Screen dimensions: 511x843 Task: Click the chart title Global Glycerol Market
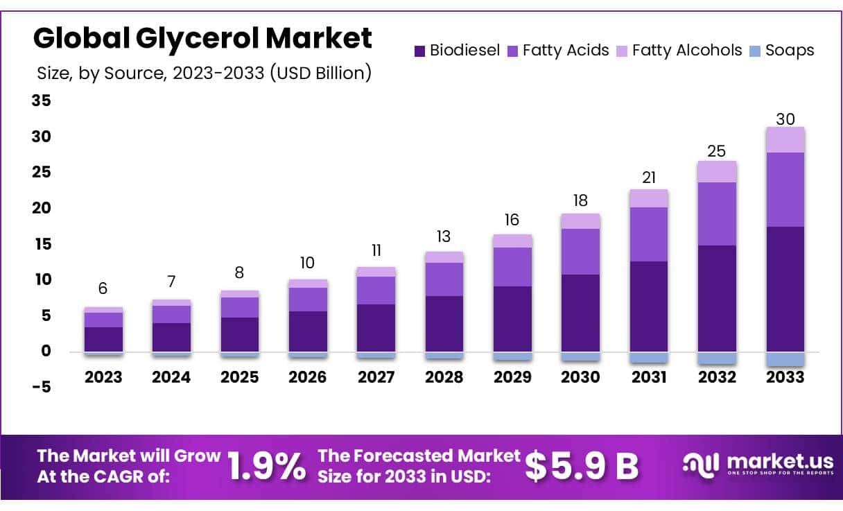click(202, 38)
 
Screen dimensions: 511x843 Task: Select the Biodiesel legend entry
click(457, 51)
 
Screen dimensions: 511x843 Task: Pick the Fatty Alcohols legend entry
click(679, 51)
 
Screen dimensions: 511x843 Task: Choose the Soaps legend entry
click(782, 51)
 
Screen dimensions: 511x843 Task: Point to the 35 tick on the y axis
click(42, 101)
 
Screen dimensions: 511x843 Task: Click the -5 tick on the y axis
click(42, 387)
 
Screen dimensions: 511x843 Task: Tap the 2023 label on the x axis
click(103, 377)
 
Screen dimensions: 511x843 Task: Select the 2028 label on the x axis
click(444, 377)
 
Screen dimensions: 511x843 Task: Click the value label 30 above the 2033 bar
click(785, 119)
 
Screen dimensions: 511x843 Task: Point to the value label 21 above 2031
click(649, 178)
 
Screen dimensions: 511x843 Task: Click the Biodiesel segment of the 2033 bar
click(785, 289)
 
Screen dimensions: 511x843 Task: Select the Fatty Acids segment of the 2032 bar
click(717, 214)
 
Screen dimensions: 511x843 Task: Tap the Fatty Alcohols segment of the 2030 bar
click(580, 221)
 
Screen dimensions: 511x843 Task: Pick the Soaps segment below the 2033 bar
click(785, 359)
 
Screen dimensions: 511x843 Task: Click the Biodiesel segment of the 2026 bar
click(308, 331)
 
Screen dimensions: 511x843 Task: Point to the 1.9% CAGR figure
click(266, 467)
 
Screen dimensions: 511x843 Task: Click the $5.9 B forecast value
click(581, 467)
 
